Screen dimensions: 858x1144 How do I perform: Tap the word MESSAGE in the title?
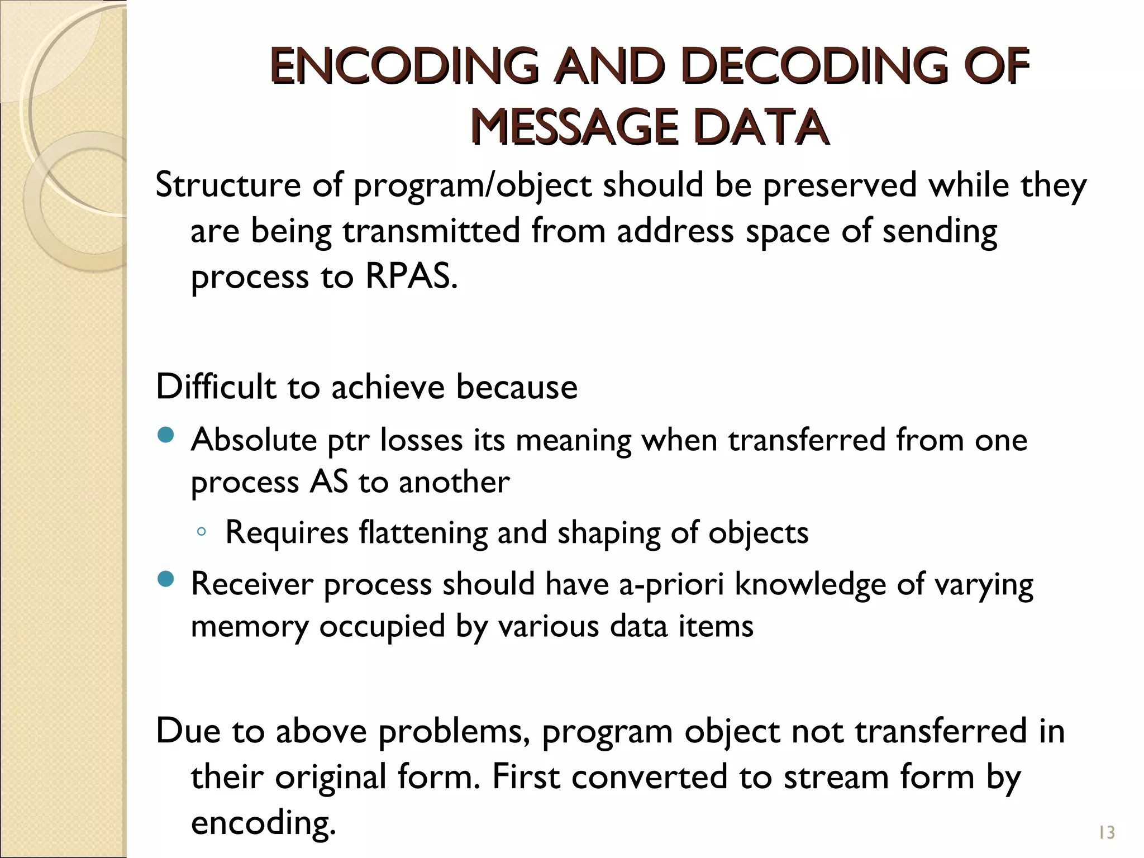[574, 127]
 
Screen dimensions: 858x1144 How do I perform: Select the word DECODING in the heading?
[814, 67]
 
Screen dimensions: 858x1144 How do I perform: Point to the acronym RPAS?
[411, 276]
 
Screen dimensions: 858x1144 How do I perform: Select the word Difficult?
[216, 387]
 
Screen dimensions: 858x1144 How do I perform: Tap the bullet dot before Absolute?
[166, 435]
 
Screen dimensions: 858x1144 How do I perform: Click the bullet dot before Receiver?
[166, 579]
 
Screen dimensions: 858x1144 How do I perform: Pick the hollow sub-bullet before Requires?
[202, 532]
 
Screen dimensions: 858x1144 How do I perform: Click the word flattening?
[423, 533]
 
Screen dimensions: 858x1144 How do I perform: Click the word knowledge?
[810, 584]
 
